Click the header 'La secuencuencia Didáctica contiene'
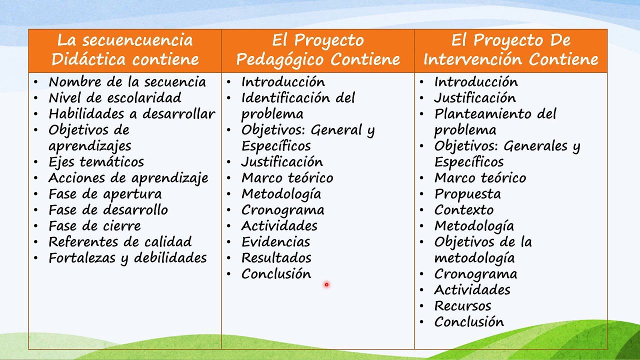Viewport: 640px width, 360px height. pyautogui.click(x=125, y=50)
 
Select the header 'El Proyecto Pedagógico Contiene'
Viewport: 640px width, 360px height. pyautogui.click(x=318, y=50)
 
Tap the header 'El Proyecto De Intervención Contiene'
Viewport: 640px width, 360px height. pyautogui.click(x=510, y=50)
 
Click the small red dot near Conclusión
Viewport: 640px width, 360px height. pyautogui.click(x=326, y=284)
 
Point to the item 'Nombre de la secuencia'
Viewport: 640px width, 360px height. pyautogui.click(x=127, y=82)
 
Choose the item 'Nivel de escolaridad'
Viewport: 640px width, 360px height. pyautogui.click(x=114, y=98)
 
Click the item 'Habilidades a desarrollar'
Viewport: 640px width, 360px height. pyautogui.click(x=131, y=114)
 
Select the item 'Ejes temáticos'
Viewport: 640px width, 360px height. pyautogui.click(x=96, y=162)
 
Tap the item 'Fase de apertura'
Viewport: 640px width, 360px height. pyautogui.click(x=105, y=194)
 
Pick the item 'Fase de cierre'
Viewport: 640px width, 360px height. pyautogui.click(x=94, y=226)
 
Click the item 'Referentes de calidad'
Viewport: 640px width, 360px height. pyautogui.click(x=120, y=242)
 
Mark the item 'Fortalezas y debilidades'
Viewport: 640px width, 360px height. pyautogui.click(x=127, y=258)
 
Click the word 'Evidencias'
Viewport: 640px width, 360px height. pyautogui.click(x=275, y=242)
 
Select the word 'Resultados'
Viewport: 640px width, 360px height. pyautogui.click(x=276, y=258)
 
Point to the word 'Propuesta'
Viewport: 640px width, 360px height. pyautogui.click(x=467, y=194)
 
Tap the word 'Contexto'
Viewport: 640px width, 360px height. pyautogui.click(x=463, y=210)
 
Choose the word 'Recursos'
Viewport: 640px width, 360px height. pyautogui.click(x=462, y=306)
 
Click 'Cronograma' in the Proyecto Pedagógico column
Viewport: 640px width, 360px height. pyautogui.click(x=282, y=210)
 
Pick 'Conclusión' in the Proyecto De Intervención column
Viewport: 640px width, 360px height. pyautogui.click(x=468, y=322)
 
